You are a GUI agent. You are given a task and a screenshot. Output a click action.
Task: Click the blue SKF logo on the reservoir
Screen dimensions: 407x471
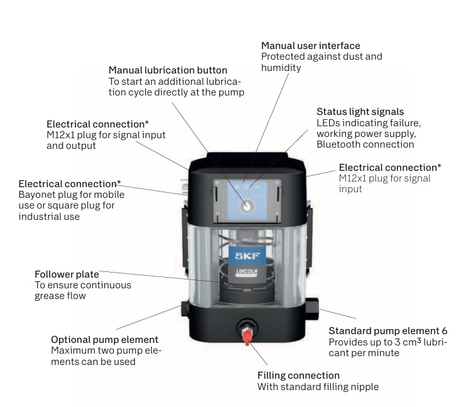[244, 256]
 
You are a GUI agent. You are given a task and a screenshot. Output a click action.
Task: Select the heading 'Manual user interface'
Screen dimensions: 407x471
[310, 46]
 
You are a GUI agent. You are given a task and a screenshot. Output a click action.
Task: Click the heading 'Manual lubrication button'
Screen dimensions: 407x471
[168, 70]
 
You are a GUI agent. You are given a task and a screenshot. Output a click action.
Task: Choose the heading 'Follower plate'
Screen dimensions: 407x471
[67, 274]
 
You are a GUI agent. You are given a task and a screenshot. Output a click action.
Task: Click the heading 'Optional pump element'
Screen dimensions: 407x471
[104, 339]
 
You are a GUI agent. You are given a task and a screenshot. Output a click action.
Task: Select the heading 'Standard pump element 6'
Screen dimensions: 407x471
[387, 331]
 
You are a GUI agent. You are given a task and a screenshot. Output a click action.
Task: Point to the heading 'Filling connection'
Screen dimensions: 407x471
[299, 376]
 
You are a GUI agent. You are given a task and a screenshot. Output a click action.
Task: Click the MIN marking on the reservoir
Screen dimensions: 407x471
[247, 290]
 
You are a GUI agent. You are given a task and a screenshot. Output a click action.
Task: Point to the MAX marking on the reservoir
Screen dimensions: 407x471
[246, 233]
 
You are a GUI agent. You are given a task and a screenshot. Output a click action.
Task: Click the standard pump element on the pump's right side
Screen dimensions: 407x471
[311, 306]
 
